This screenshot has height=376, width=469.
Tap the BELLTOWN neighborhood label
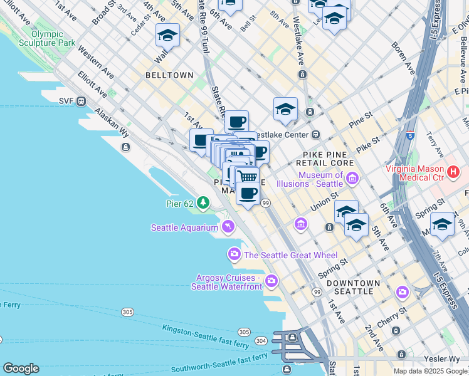[169, 75]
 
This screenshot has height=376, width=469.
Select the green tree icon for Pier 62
[203, 202]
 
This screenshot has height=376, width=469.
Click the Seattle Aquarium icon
[227, 226]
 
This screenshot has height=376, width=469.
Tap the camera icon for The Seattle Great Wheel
[234, 254]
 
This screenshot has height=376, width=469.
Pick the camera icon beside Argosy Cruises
[271, 281]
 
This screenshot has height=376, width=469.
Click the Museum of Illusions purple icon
[352, 179]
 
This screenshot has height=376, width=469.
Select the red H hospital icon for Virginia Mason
[454, 171]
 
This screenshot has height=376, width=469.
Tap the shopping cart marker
[248, 176]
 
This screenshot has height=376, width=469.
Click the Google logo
[21, 368]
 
